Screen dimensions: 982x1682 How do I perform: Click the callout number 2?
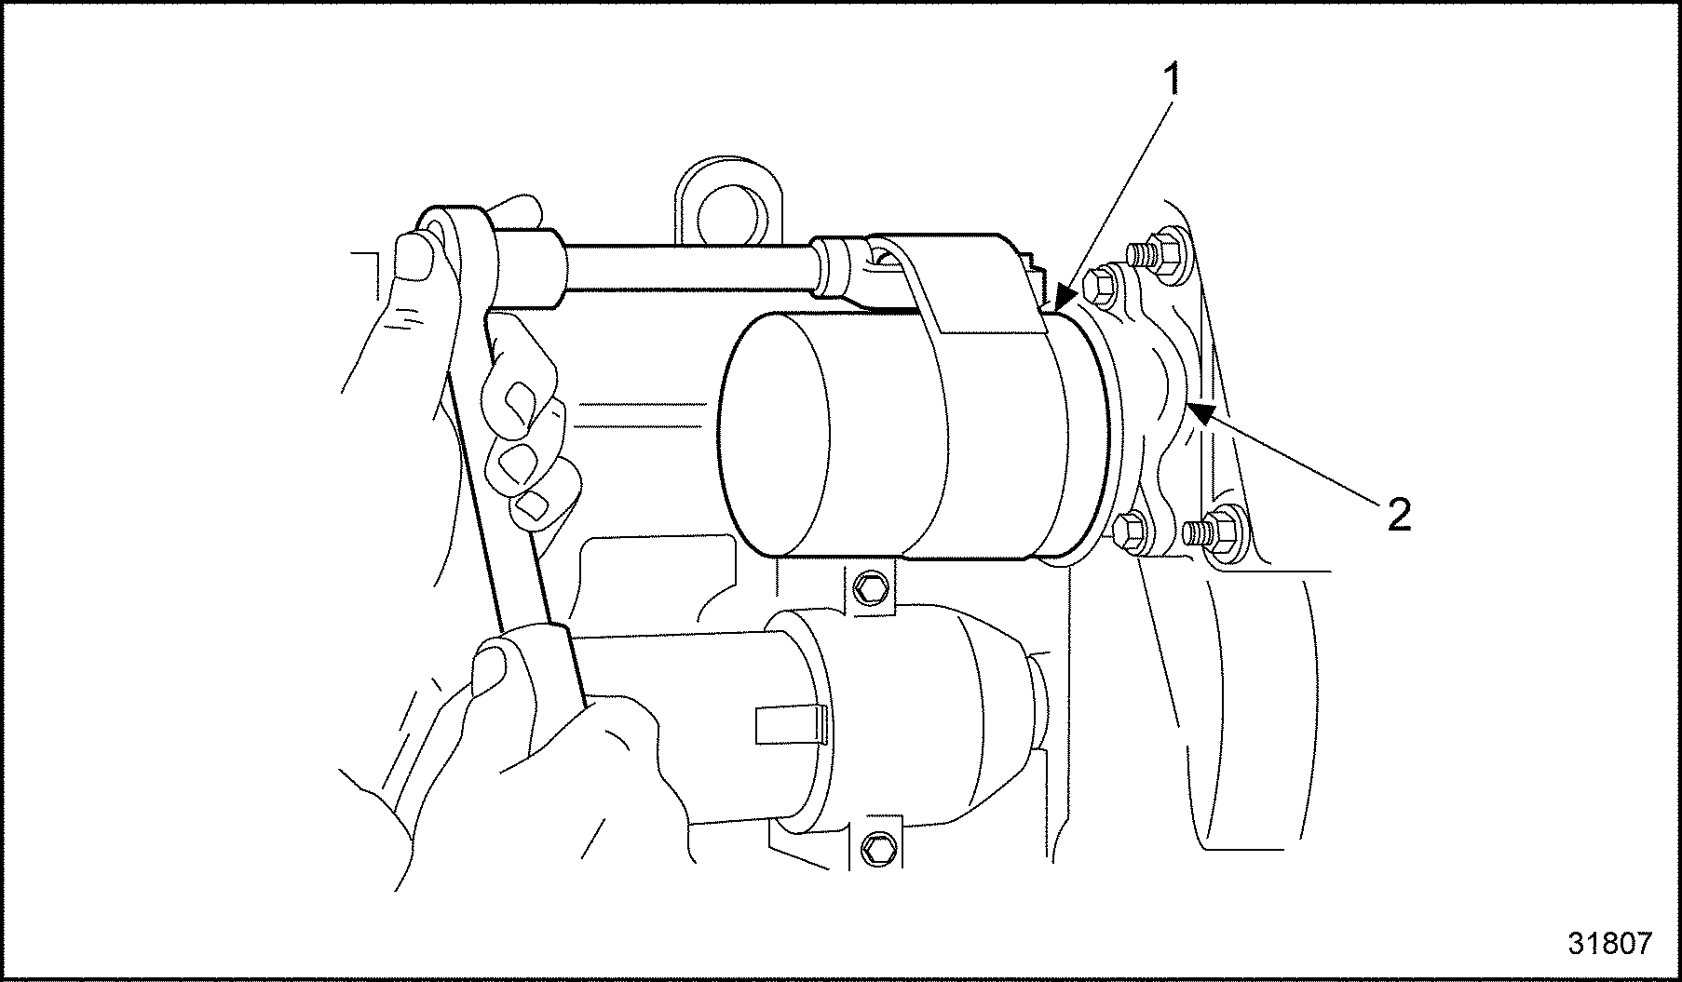[1398, 515]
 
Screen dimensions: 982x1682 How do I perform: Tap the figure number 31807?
[1609, 944]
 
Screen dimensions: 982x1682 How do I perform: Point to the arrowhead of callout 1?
[1063, 303]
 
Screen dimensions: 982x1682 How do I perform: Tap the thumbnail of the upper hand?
[416, 254]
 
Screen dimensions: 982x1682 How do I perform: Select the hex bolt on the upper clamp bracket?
[871, 588]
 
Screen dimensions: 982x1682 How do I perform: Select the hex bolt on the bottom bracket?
[877, 845]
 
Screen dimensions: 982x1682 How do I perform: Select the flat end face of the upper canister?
[775, 434]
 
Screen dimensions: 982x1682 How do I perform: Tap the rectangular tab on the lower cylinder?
[792, 725]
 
